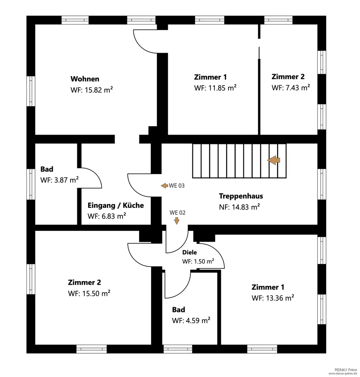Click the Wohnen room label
[85, 79]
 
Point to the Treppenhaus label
[241, 196]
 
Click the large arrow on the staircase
[274, 160]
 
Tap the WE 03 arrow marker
[164, 185]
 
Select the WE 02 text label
[178, 213]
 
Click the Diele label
[190, 253]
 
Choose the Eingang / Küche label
[116, 205]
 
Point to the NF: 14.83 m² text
[239, 207]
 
